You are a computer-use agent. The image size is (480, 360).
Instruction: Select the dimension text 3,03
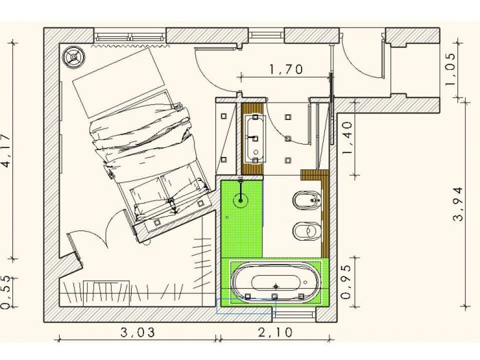tap(136, 333)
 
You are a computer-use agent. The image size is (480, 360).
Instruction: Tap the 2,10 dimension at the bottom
tap(275, 333)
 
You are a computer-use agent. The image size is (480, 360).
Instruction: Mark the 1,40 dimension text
tap(347, 136)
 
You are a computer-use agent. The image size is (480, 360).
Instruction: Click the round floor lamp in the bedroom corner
tap(73, 56)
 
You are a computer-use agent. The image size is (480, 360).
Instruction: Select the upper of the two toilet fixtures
tap(305, 201)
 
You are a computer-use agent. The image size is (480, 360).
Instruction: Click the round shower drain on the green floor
tap(241, 201)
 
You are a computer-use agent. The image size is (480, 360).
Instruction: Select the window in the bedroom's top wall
tap(130, 35)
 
